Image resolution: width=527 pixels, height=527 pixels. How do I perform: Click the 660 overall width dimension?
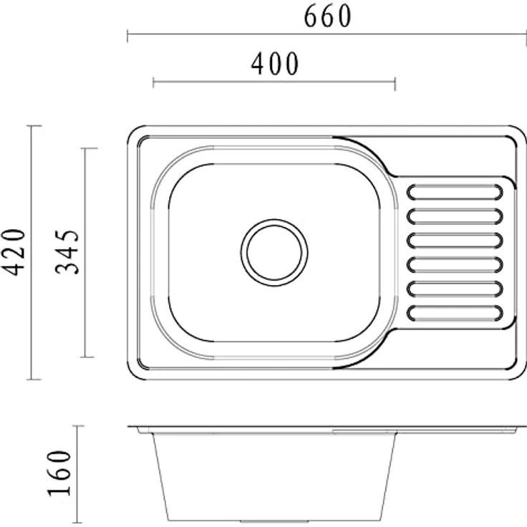[327, 16]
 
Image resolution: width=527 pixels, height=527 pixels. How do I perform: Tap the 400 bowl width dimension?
[274, 64]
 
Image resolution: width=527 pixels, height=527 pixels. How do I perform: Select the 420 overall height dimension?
[14, 252]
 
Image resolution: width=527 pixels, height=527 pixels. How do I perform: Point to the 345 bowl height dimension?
[67, 252]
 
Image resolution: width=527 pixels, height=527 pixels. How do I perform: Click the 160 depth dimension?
[59, 473]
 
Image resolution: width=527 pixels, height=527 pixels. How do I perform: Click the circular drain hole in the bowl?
[274, 253]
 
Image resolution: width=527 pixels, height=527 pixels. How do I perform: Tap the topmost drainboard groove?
[455, 192]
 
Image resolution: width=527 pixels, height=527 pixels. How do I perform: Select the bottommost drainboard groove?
[455, 313]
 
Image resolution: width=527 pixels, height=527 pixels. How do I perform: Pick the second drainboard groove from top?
[455, 216]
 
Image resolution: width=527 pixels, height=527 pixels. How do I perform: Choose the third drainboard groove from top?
[455, 241]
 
